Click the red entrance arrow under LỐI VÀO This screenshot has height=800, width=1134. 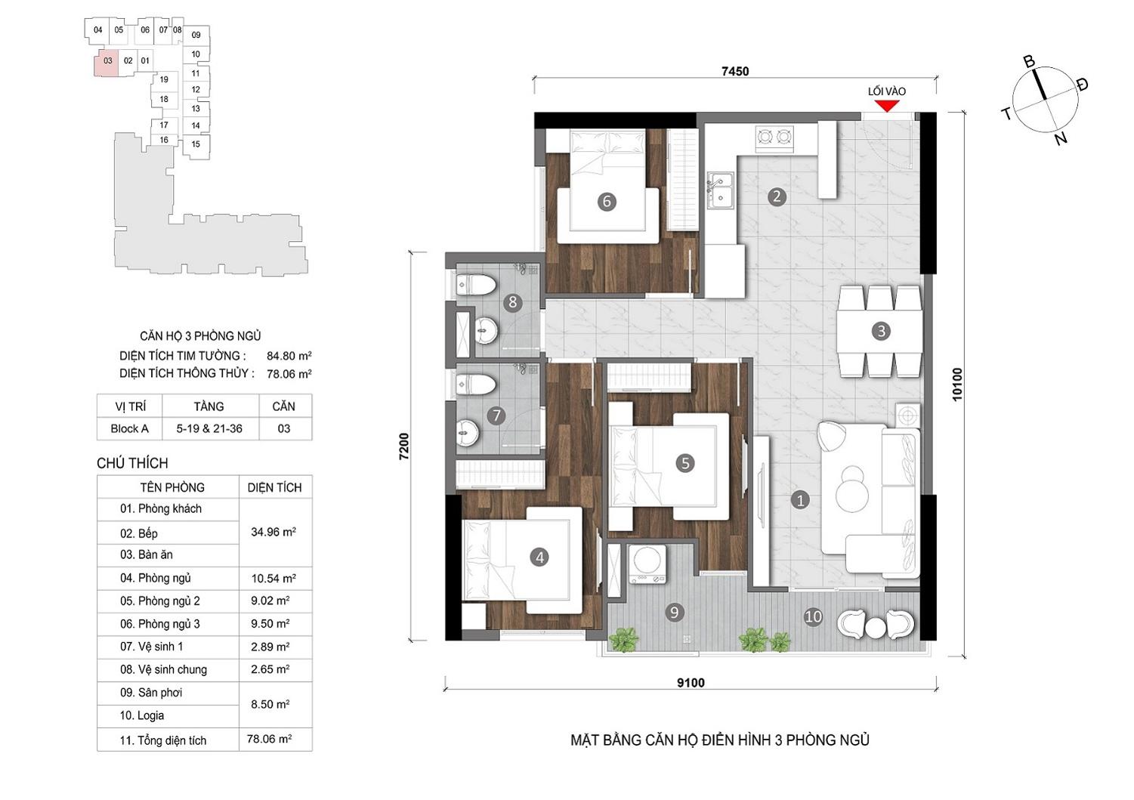[887, 106]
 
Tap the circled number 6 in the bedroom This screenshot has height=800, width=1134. [607, 202]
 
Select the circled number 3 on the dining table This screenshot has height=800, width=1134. [881, 331]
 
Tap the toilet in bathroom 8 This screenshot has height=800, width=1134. [475, 285]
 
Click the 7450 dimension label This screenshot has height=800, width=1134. [735, 72]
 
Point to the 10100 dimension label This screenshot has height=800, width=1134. [956, 385]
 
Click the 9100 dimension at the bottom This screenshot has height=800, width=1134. [691, 683]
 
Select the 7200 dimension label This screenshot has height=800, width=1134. [403, 446]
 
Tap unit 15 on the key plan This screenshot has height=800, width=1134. [196, 144]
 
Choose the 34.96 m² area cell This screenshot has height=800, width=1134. [273, 532]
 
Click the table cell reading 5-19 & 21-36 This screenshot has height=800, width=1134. [209, 428]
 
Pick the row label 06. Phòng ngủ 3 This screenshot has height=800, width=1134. [160, 624]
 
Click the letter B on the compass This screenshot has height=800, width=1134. [1029, 62]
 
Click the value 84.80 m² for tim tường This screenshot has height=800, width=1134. [289, 356]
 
